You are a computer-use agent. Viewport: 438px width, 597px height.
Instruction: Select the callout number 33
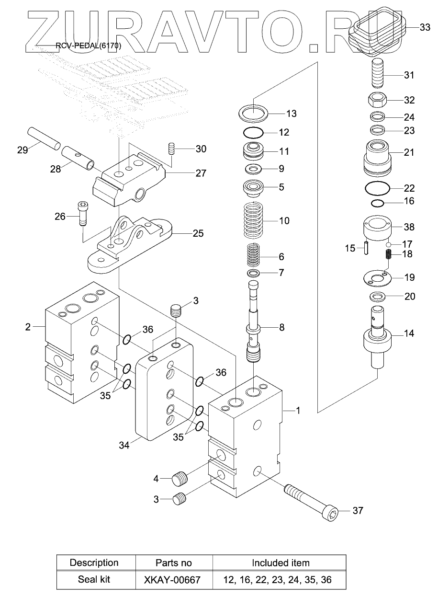(x=425, y=27)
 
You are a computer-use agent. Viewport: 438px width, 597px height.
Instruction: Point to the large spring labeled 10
(x=254, y=220)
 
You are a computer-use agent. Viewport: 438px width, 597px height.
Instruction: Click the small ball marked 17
(x=389, y=244)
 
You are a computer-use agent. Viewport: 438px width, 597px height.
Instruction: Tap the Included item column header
(x=281, y=563)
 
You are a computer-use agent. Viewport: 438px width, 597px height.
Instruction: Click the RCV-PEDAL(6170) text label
(x=89, y=46)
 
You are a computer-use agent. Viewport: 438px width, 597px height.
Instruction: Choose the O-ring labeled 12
(x=253, y=132)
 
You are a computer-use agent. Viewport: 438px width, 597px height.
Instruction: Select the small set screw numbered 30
(x=172, y=149)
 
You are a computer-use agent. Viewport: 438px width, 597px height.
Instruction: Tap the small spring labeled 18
(x=388, y=255)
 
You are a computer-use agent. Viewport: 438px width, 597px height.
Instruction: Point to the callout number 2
(x=28, y=327)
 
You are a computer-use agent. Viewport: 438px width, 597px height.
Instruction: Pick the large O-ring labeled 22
(x=377, y=188)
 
